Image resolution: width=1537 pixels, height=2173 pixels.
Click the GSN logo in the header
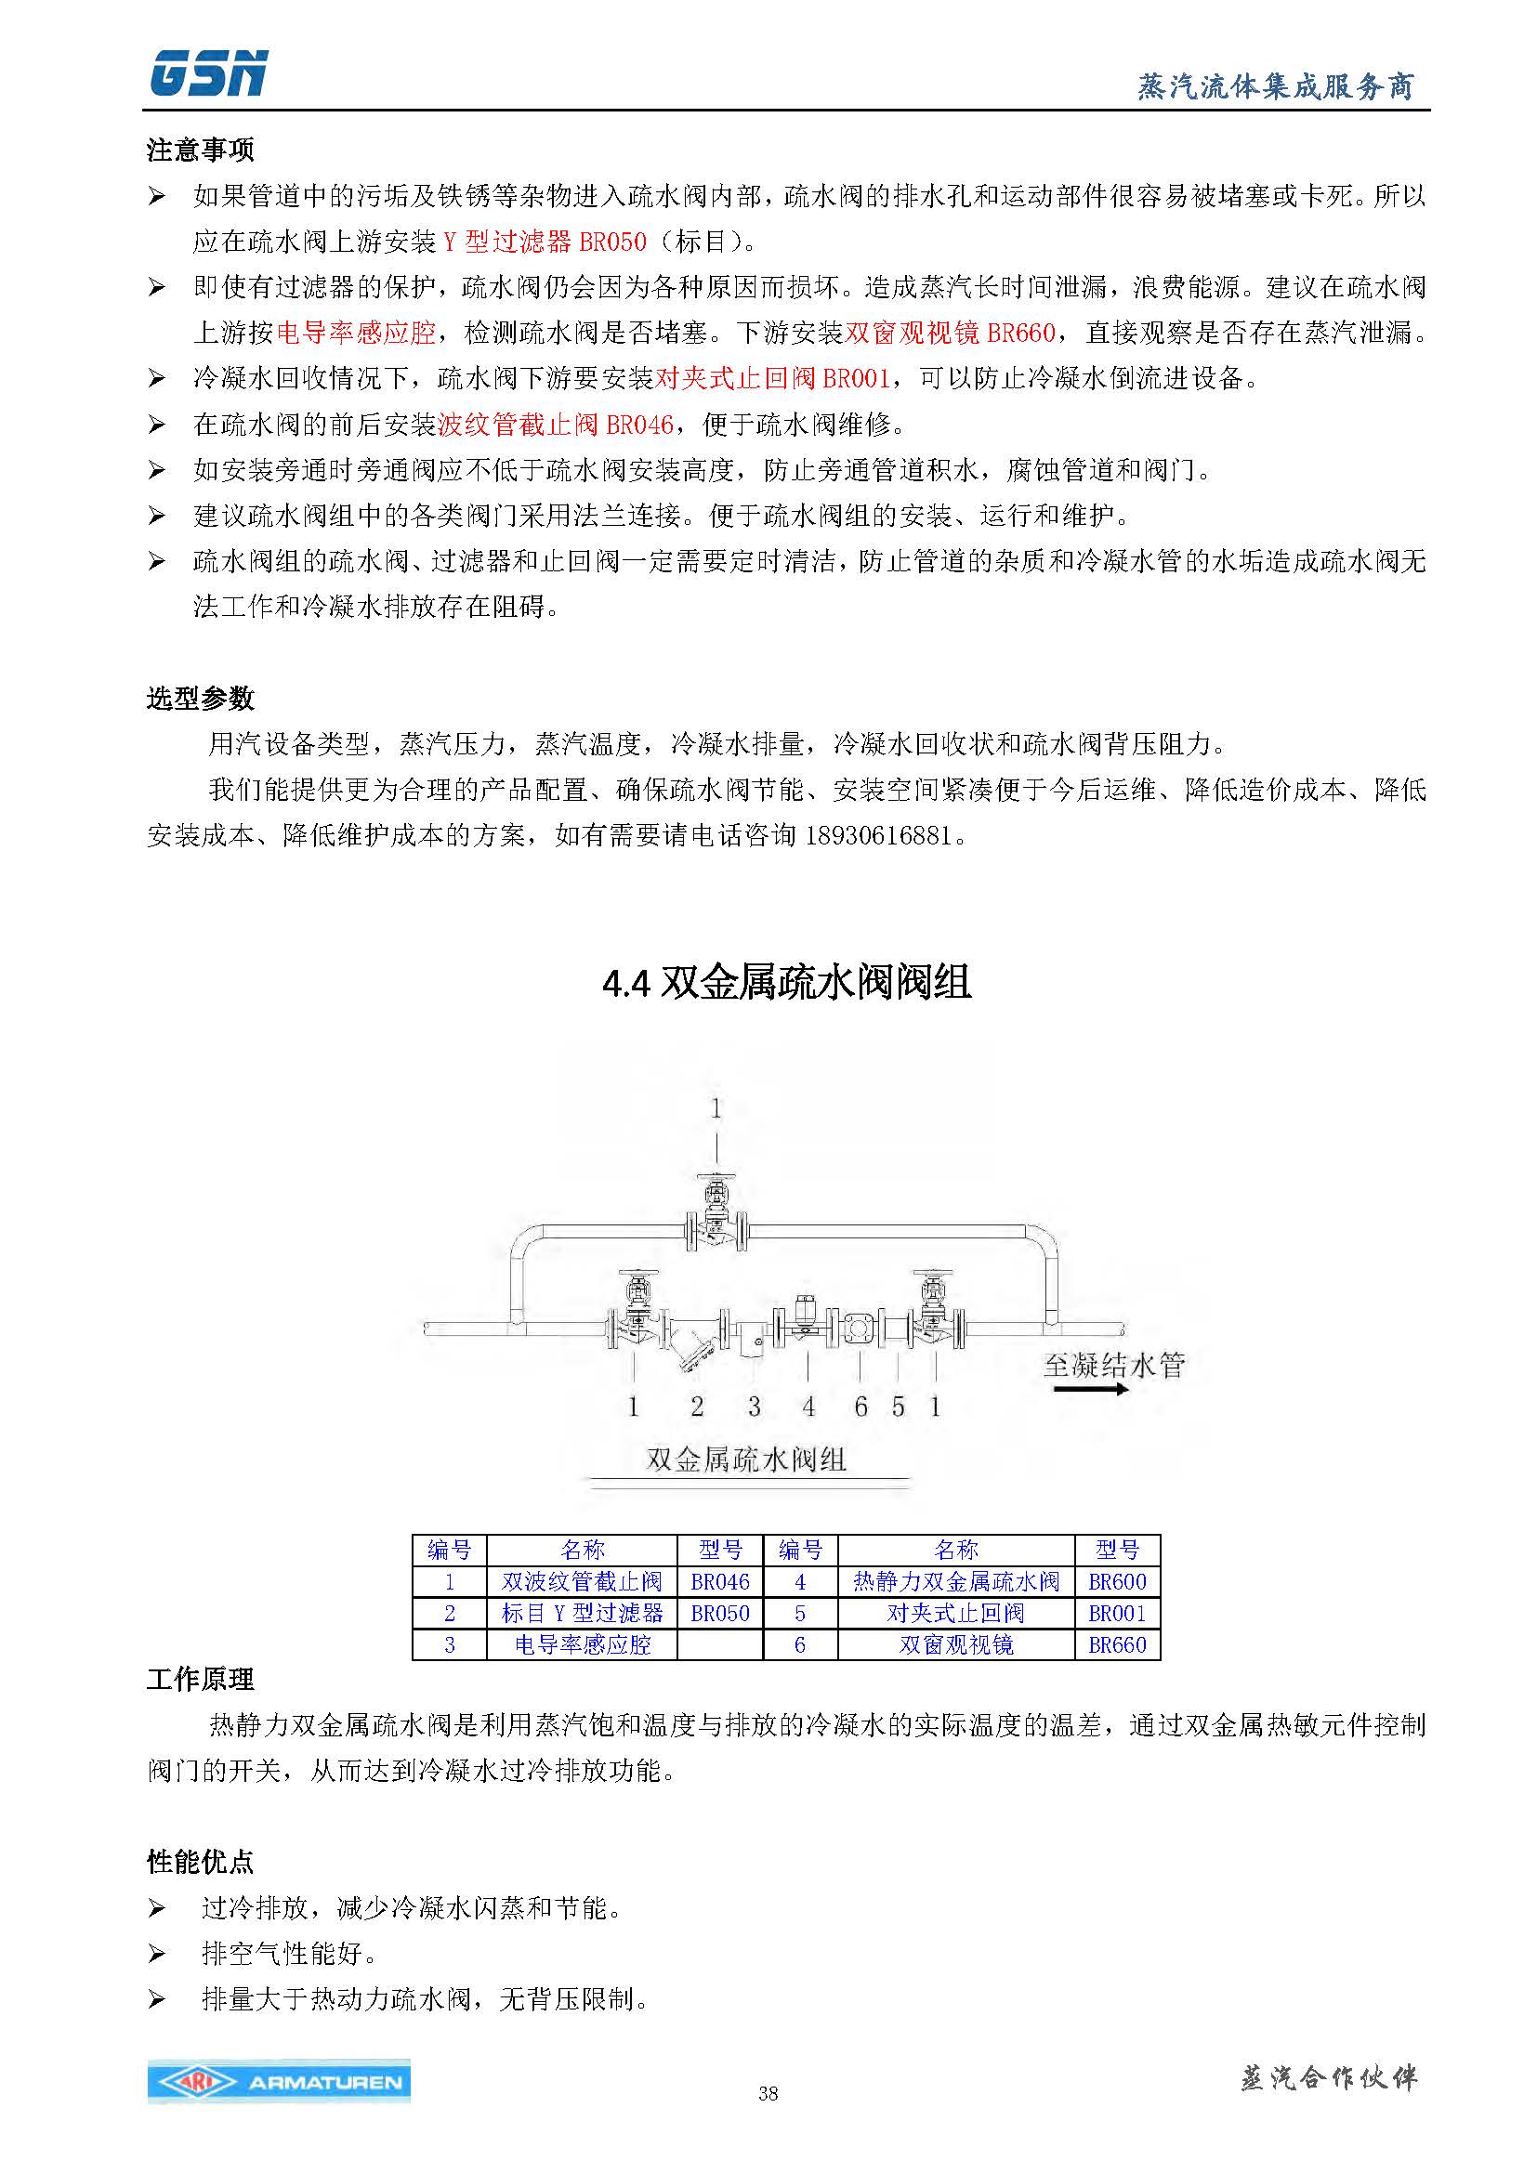[208, 73]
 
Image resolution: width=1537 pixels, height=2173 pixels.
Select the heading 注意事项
[200, 150]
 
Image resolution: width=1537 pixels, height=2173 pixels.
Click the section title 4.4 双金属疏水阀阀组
[786, 983]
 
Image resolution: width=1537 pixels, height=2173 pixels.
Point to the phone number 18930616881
[877, 835]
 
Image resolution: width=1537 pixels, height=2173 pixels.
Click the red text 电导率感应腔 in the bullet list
[356, 333]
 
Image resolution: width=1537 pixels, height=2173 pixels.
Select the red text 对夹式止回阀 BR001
[772, 378]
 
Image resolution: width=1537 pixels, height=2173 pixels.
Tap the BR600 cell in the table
[1117, 1581]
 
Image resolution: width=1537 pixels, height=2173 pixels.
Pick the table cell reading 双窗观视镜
[956, 1645]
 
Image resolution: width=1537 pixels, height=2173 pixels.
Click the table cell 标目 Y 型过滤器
[582, 1613]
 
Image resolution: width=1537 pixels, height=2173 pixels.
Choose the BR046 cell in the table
[719, 1581]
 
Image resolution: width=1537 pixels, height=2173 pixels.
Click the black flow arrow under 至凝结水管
[1091, 1389]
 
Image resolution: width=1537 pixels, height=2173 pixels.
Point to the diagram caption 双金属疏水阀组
[746, 1459]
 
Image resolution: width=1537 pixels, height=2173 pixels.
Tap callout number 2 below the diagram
[697, 1407]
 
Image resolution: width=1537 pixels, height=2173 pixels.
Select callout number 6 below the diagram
[860, 1407]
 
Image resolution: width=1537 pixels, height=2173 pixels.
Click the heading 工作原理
[200, 1680]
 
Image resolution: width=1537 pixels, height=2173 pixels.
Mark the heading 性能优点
[200, 1863]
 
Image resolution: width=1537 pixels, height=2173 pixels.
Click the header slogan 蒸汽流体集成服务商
[1275, 87]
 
